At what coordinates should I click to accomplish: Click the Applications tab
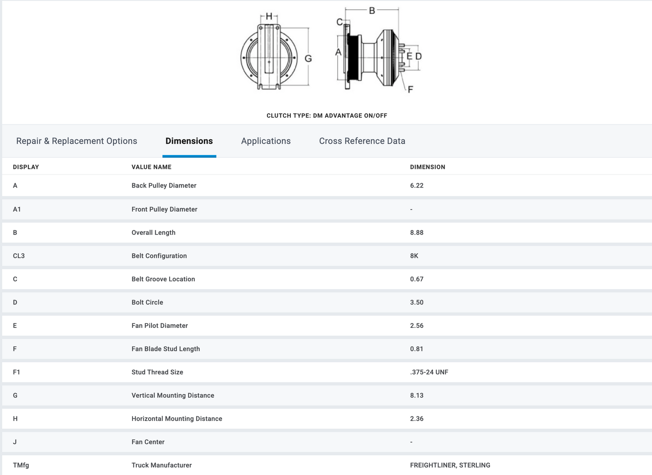(x=266, y=141)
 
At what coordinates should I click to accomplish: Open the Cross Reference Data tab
(x=362, y=141)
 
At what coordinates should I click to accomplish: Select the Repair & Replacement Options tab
(x=77, y=141)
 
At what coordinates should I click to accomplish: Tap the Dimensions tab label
(x=189, y=141)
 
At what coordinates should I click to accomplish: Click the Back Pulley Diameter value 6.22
(x=417, y=185)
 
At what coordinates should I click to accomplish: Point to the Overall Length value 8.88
(x=417, y=233)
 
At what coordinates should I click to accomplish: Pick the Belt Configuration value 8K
(x=414, y=256)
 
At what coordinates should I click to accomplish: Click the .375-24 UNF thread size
(x=429, y=372)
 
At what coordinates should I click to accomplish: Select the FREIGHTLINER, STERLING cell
(x=450, y=465)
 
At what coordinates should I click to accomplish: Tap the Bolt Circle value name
(x=147, y=302)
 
